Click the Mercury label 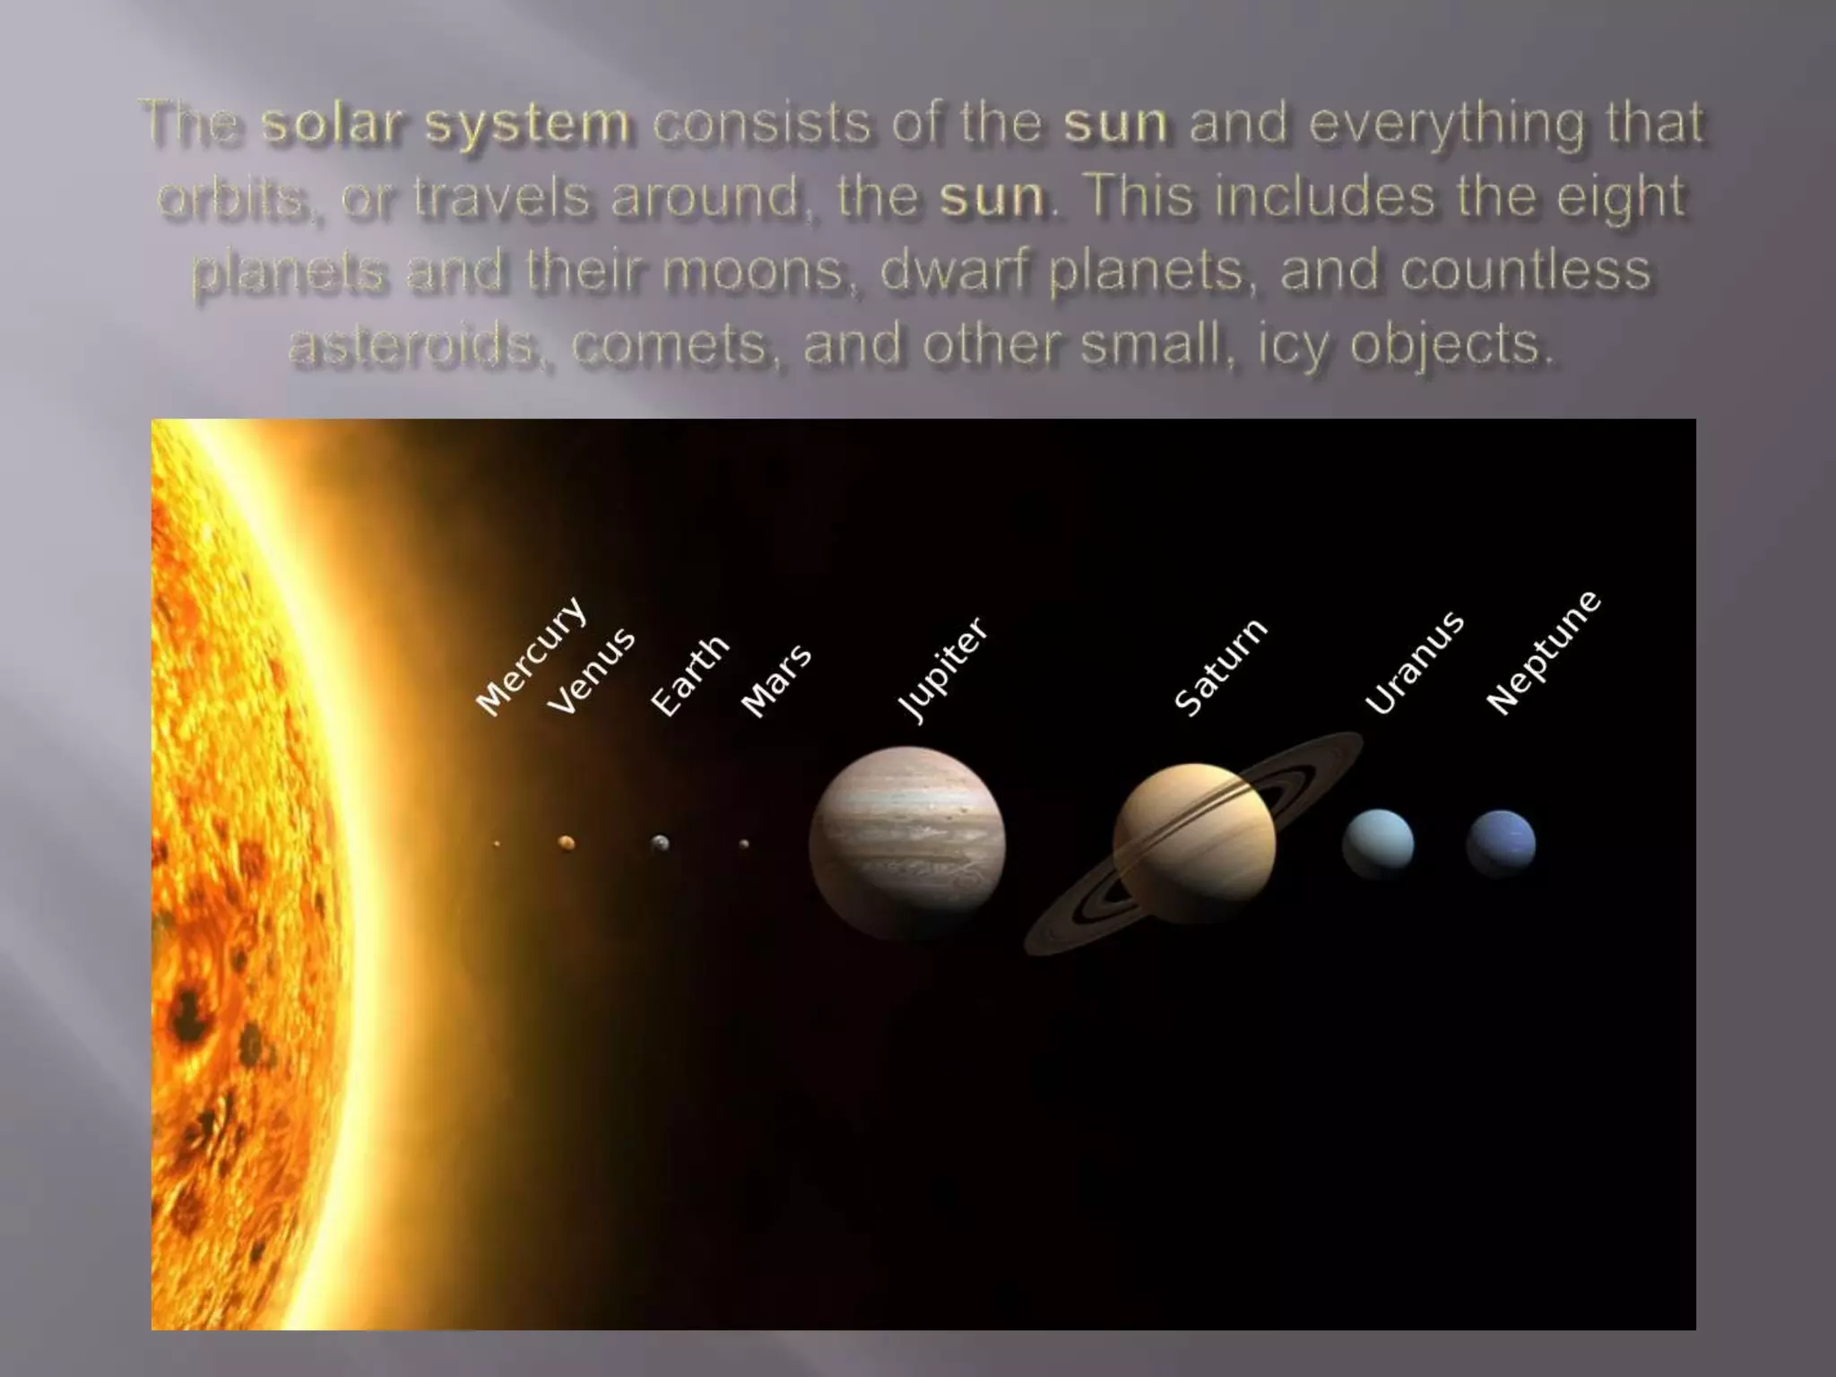click(x=531, y=657)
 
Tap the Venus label click(x=591, y=672)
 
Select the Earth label click(x=688, y=676)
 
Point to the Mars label click(x=776, y=681)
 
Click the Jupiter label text click(x=942, y=669)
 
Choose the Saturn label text click(x=1220, y=668)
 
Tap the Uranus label click(x=1414, y=663)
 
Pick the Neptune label click(x=1543, y=653)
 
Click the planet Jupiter click(x=906, y=844)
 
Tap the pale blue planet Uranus click(x=1378, y=844)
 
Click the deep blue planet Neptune click(x=1501, y=844)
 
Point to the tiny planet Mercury click(x=497, y=844)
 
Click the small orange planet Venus click(x=566, y=843)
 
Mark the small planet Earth click(x=660, y=843)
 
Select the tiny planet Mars click(x=744, y=844)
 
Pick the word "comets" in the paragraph click(x=669, y=345)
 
